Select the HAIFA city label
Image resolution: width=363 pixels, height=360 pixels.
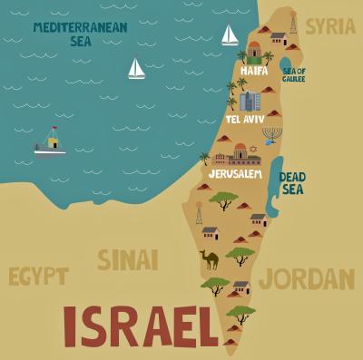point(255,70)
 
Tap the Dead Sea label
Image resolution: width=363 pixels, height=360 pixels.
point(292,183)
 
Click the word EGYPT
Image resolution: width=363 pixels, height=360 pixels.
point(37,276)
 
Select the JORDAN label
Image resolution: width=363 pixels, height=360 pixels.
point(306,277)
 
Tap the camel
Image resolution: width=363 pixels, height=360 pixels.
point(210,260)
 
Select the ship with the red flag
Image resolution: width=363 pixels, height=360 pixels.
point(51,142)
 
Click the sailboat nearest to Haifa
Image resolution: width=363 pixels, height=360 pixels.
point(230,35)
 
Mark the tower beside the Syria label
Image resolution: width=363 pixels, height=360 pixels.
point(292,24)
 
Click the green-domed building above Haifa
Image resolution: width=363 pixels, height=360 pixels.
point(254,49)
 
